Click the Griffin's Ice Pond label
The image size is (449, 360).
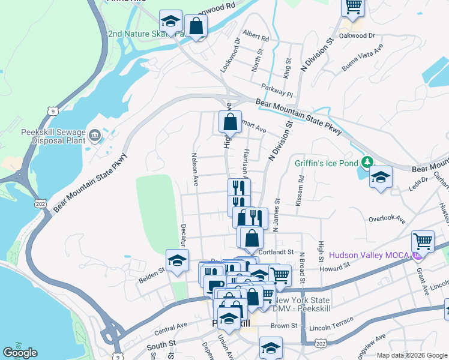tap(325, 162)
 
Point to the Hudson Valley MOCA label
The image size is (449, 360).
tap(368, 255)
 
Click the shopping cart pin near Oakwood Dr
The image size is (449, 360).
tap(353, 7)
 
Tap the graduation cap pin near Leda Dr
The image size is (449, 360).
tap(381, 177)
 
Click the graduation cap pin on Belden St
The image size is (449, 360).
tap(177, 260)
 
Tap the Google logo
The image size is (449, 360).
tap(20, 353)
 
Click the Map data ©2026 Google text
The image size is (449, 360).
tap(412, 355)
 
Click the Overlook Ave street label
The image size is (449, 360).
tap(388, 219)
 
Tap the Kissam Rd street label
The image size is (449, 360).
tap(301, 187)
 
